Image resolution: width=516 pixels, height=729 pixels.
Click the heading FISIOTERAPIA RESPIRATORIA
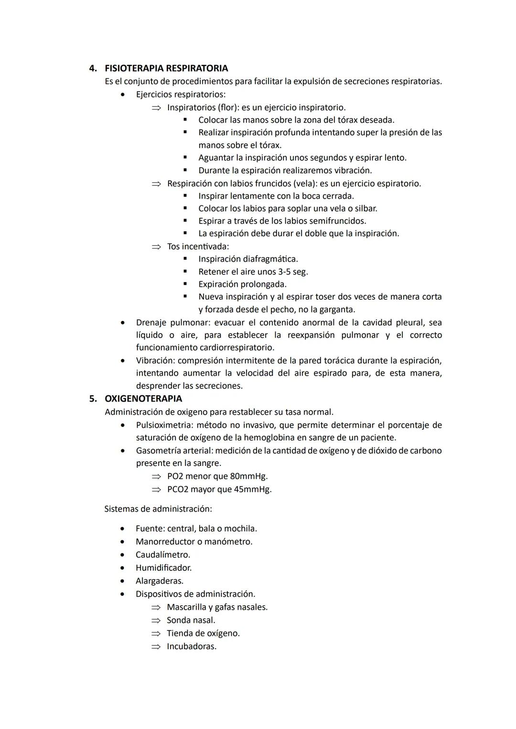[166, 68]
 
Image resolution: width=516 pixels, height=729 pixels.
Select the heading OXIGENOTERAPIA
[143, 399]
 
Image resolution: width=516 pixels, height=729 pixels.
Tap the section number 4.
[93, 68]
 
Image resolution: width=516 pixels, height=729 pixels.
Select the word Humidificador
[163, 568]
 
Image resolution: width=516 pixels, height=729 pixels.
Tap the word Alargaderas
[159, 581]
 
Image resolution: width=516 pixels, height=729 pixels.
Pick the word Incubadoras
[191, 646]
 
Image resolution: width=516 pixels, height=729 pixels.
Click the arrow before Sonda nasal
[156, 621]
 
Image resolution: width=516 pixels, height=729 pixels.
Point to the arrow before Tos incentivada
[156, 247]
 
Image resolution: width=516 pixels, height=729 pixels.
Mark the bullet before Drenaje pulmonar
[124, 323]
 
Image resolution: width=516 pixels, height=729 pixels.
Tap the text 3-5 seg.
[293, 272]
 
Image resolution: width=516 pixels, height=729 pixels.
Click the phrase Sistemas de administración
[158, 509]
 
